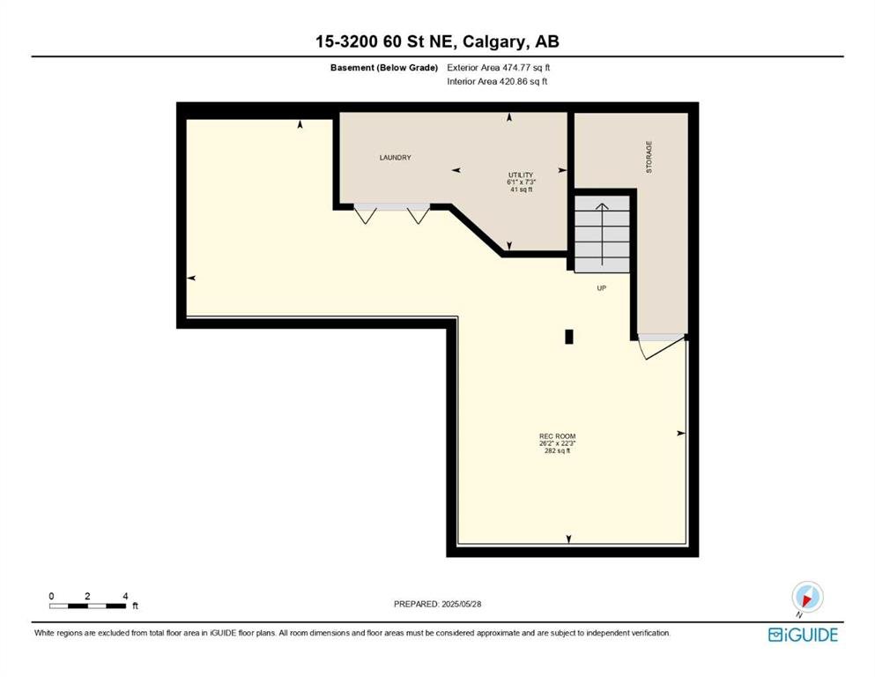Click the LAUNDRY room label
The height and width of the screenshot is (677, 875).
pyautogui.click(x=395, y=158)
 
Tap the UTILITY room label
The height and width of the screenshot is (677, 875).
pyautogui.click(x=521, y=175)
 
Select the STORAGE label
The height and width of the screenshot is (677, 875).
pyautogui.click(x=649, y=157)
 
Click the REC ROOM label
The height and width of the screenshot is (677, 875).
pyautogui.click(x=557, y=436)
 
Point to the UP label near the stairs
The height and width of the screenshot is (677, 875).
pyautogui.click(x=602, y=288)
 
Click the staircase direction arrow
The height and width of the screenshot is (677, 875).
pyautogui.click(x=602, y=234)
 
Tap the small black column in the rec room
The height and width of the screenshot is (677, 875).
pyautogui.click(x=569, y=337)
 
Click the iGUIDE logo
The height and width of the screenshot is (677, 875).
pyautogui.click(x=803, y=636)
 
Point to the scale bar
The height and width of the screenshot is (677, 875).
pyautogui.click(x=87, y=606)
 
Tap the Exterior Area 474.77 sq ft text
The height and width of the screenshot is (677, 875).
pyautogui.click(x=499, y=68)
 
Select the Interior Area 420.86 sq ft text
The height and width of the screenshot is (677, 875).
pyautogui.click(x=497, y=81)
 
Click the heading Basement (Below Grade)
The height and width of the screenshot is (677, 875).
pyautogui.click(x=384, y=68)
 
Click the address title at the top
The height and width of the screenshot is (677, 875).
pyautogui.click(x=437, y=41)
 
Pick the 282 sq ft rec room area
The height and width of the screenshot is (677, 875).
pyautogui.click(x=557, y=451)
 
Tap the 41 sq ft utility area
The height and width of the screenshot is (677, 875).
pyautogui.click(x=521, y=190)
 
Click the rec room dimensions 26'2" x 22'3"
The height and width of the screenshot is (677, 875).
pyautogui.click(x=557, y=443)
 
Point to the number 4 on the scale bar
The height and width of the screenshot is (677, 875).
pyautogui.click(x=125, y=596)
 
